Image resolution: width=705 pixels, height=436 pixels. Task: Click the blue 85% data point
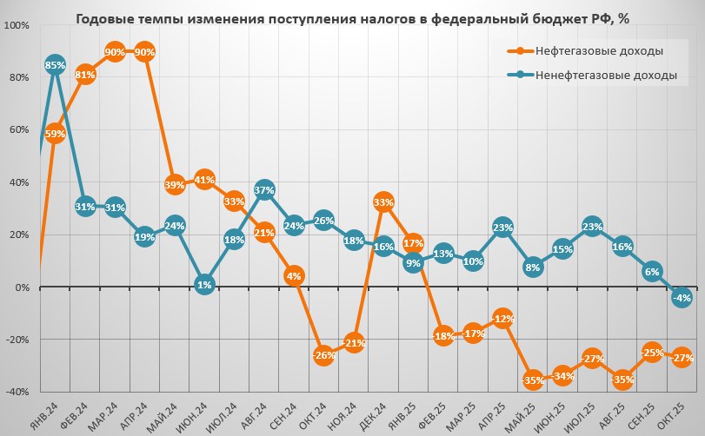pyautogui.click(x=56, y=65)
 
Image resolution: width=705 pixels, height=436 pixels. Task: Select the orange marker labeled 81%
pyautogui.click(x=85, y=75)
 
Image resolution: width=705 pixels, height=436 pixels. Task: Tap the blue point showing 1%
pyautogui.click(x=204, y=284)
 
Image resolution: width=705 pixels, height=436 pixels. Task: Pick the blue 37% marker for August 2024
pyautogui.click(x=264, y=190)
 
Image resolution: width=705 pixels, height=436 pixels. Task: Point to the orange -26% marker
pyautogui.click(x=323, y=355)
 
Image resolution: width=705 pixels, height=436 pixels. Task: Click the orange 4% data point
pyautogui.click(x=294, y=277)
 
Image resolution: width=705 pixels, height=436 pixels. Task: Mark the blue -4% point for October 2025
pyautogui.click(x=682, y=298)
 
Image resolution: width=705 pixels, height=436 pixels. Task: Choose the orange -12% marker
pyautogui.click(x=502, y=319)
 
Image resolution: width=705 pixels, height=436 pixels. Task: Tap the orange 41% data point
pyautogui.click(x=204, y=180)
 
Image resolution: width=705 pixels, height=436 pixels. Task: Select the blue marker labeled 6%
pyautogui.click(x=652, y=272)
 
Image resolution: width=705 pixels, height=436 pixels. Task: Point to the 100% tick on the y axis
pyautogui.click(x=17, y=25)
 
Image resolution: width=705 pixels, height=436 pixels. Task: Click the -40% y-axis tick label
pyautogui.click(x=17, y=392)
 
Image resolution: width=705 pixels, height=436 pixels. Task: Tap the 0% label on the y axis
pyautogui.click(x=22, y=287)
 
